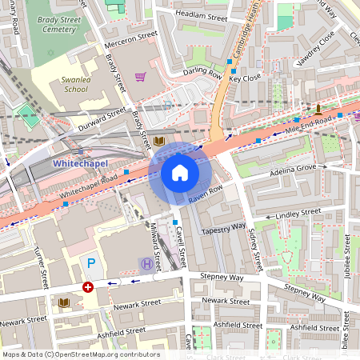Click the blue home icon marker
point(180,172)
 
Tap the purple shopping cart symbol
point(141,77)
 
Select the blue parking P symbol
point(90,263)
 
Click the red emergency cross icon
point(88,286)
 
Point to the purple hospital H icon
point(146,263)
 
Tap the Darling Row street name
point(202,72)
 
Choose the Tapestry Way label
point(224,227)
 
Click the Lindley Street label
point(298,214)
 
